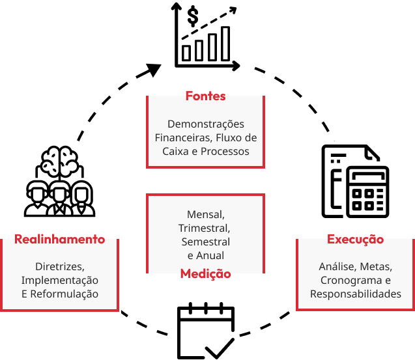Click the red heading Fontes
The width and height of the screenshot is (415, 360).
(x=205, y=96)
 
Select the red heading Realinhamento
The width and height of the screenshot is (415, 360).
(x=59, y=239)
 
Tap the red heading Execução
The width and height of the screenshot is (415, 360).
(x=355, y=239)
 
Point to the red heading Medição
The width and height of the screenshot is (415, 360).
(x=205, y=274)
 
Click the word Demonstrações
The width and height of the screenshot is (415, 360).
(x=205, y=124)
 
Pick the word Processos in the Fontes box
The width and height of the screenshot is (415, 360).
(x=225, y=151)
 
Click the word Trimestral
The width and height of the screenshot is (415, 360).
(x=204, y=228)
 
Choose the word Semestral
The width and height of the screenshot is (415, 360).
(x=205, y=242)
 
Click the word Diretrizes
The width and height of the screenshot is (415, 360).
(x=59, y=266)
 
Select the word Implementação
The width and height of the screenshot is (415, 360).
(x=59, y=280)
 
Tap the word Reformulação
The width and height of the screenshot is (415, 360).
(x=64, y=294)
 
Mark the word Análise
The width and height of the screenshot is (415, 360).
(x=336, y=266)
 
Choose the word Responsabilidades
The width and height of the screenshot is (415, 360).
(x=355, y=294)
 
